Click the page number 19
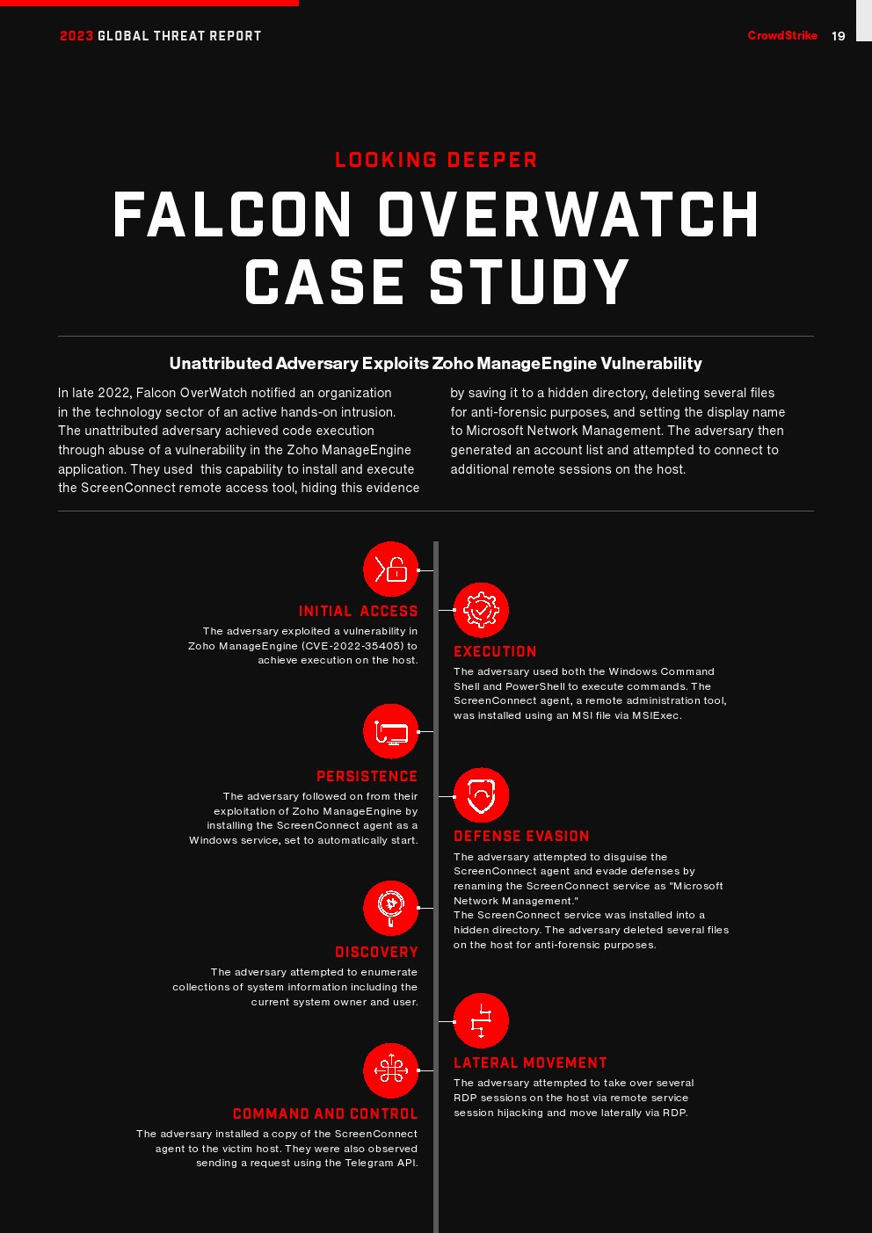click(x=838, y=36)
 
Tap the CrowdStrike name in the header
click(x=782, y=36)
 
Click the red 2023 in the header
click(x=76, y=36)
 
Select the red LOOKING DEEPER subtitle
click(x=436, y=160)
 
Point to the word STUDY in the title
click(x=529, y=283)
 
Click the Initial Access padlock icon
click(x=391, y=569)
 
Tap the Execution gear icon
click(x=481, y=610)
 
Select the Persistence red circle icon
click(x=391, y=731)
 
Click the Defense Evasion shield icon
click(x=481, y=796)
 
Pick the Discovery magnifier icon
click(x=391, y=908)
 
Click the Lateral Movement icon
click(x=481, y=1021)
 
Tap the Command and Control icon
click(x=391, y=1070)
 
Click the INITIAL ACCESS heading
click(x=358, y=612)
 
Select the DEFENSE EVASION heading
click(x=521, y=837)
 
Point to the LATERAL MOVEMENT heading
click(x=530, y=1063)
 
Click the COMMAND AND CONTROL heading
click(x=325, y=1114)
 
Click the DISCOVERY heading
click(x=376, y=953)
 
